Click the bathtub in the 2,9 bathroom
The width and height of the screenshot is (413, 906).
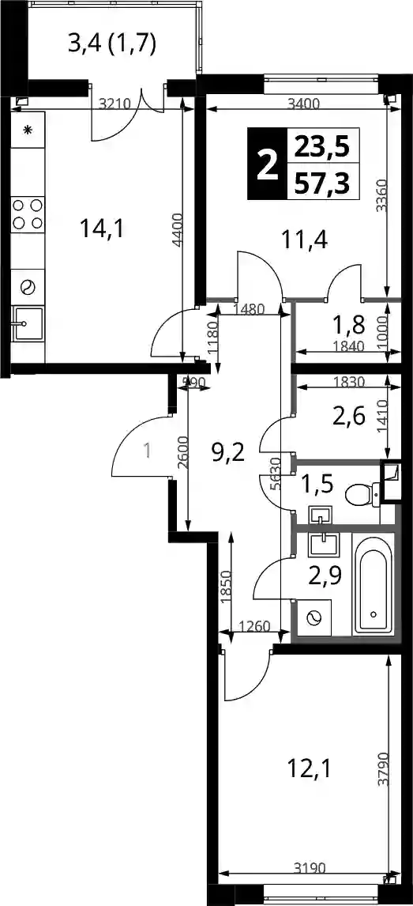tap(374, 583)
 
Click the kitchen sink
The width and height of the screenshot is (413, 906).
tap(28, 323)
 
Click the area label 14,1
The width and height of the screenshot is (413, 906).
tap(103, 229)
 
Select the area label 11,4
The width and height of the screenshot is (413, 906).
tap(305, 238)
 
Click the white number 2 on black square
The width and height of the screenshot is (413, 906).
tap(267, 164)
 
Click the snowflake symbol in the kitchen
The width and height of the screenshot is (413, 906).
tap(28, 129)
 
